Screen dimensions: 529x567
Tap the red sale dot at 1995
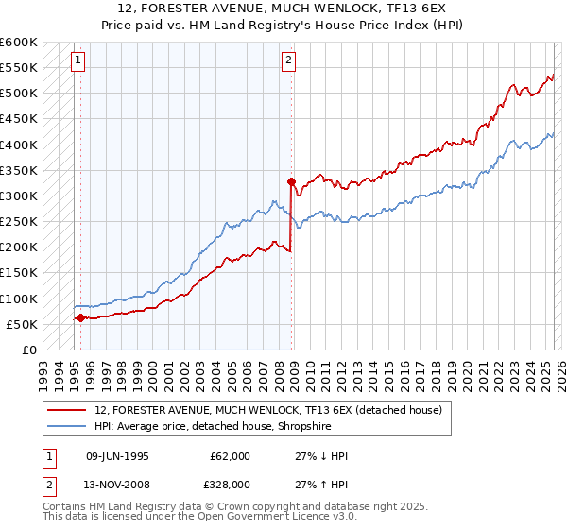coord(80,317)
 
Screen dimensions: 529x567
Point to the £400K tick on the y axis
coord(19,145)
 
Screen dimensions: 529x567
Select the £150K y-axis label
coord(19,273)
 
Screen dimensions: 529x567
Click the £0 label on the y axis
coord(29,350)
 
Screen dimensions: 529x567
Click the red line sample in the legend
coord(67,410)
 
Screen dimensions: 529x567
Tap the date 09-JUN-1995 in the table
coord(117,456)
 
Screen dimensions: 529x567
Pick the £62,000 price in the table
coord(229,456)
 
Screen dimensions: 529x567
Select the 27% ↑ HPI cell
coord(321,484)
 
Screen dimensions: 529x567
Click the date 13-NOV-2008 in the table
coord(117,484)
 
